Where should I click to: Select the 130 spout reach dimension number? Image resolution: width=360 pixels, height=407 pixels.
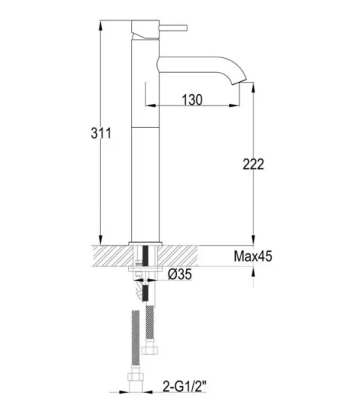194,99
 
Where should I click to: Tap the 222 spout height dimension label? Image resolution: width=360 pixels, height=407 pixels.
253,164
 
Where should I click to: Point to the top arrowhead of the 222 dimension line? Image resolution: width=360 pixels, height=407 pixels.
253,90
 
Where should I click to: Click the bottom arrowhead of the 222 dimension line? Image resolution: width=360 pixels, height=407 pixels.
253,238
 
